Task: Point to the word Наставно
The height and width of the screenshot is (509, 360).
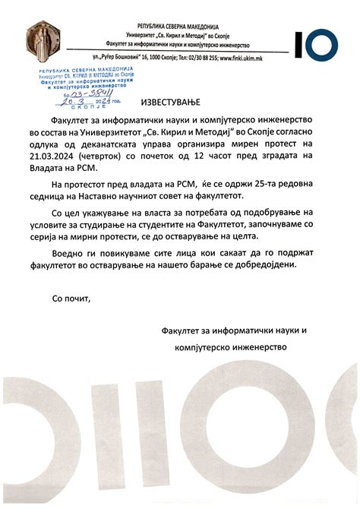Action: (x=120, y=196)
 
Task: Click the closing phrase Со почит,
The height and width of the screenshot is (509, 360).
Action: (x=71, y=298)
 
